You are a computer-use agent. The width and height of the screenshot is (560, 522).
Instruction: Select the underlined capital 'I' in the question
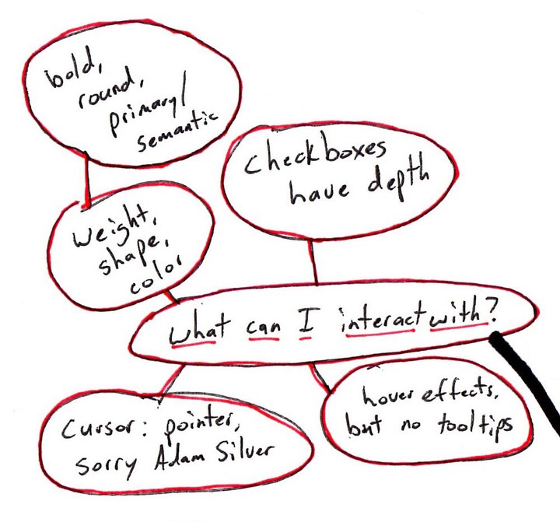pyautogui.click(x=306, y=327)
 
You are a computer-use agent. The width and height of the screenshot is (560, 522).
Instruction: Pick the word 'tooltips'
pyautogui.click(x=475, y=425)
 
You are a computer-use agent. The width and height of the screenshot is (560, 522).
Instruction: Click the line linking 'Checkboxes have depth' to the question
pyautogui.click(x=313, y=261)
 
